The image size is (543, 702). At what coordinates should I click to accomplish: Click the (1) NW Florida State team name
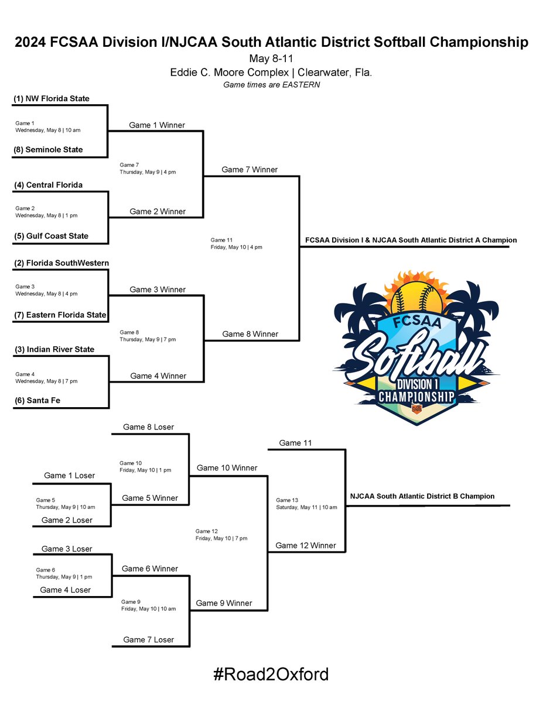click(52, 98)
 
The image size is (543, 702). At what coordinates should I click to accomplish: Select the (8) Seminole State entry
click(48, 150)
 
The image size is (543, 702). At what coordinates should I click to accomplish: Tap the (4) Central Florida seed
click(48, 185)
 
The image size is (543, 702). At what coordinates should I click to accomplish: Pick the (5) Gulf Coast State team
click(51, 236)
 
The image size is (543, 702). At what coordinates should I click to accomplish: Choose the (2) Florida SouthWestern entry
click(61, 263)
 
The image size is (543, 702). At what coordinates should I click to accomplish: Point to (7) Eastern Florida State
click(60, 315)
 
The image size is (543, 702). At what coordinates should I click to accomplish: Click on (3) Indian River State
click(54, 350)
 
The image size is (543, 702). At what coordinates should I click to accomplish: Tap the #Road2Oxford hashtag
click(271, 675)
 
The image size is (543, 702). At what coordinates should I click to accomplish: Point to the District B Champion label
click(422, 496)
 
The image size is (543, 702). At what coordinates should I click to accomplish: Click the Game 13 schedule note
click(306, 504)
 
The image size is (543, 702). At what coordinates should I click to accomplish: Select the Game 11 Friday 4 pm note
click(236, 243)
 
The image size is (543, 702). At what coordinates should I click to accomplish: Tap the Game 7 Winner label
click(250, 170)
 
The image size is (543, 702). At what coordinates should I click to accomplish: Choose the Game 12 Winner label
click(306, 545)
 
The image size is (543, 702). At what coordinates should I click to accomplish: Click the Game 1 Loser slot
click(69, 476)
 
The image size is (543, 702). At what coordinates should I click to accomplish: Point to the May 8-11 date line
click(271, 59)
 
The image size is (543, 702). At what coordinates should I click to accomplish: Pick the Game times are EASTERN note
click(271, 85)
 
